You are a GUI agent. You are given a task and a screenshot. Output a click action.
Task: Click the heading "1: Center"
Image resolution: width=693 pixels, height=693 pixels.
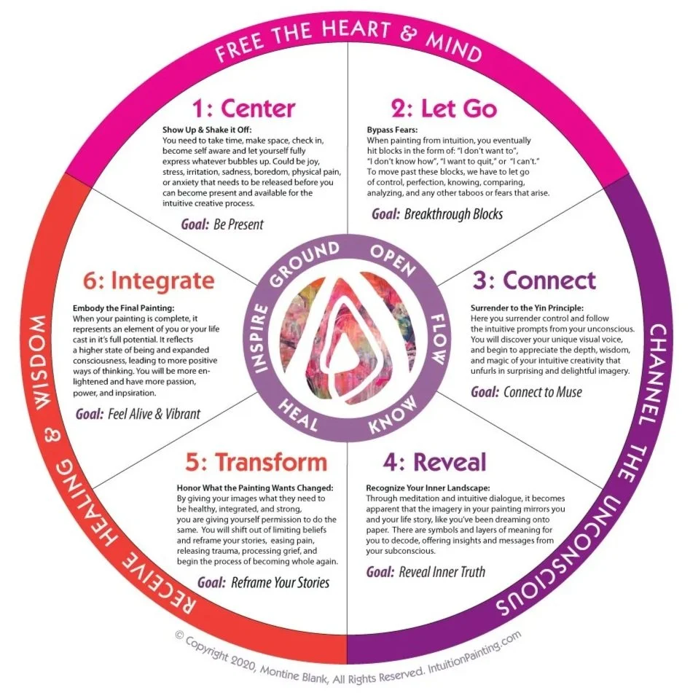[x=243, y=109]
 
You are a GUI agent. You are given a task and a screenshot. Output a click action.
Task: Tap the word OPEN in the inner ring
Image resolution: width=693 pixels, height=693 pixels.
[x=393, y=259]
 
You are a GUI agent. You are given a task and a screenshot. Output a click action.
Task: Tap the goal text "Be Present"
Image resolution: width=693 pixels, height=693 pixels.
[x=238, y=224]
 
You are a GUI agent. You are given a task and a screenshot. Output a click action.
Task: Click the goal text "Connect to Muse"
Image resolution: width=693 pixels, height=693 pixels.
[x=542, y=392]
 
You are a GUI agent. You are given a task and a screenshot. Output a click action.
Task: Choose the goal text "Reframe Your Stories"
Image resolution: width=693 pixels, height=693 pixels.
[x=280, y=582]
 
